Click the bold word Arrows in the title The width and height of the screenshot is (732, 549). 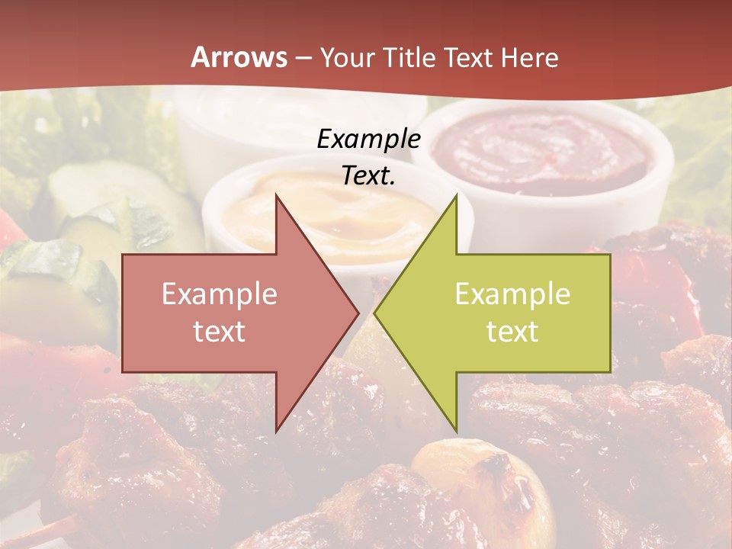coord(239,57)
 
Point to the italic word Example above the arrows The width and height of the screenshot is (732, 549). coord(368,139)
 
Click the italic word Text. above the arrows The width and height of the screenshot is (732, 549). coord(368,175)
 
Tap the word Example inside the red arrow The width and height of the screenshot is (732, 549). coord(219,294)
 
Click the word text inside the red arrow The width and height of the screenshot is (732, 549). coord(219,332)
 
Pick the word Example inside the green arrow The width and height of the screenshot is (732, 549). coord(512,294)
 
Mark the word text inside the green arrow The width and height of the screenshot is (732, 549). coord(512,332)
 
